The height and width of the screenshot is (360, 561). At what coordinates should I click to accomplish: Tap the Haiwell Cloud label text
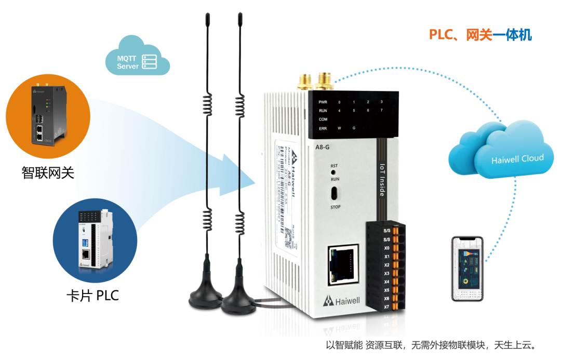(x=517, y=158)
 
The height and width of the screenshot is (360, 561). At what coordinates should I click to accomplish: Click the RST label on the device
(x=334, y=166)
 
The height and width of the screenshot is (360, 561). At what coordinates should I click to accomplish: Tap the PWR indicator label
(x=323, y=102)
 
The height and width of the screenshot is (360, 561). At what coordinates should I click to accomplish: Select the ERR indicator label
(x=323, y=128)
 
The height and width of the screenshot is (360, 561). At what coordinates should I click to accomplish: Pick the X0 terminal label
(x=386, y=248)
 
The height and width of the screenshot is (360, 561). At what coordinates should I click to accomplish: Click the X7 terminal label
(x=386, y=307)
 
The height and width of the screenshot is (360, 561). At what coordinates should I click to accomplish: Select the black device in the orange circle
(x=47, y=115)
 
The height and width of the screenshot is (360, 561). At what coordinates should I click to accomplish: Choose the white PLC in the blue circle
(x=93, y=240)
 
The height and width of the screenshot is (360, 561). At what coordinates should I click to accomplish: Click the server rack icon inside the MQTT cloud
(x=149, y=62)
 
